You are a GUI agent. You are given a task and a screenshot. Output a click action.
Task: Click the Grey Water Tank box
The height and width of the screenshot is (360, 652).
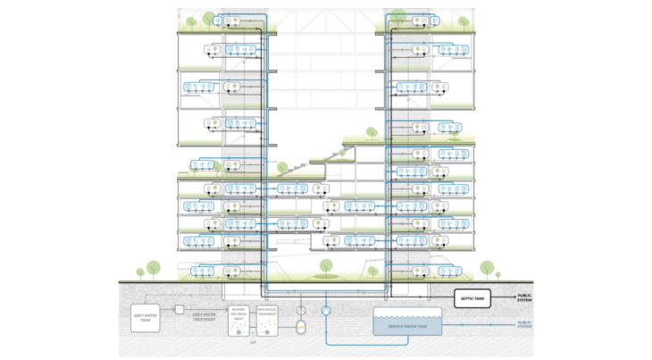click(x=146, y=314)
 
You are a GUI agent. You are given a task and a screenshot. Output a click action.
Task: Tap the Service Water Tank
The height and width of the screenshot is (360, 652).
click(x=406, y=325)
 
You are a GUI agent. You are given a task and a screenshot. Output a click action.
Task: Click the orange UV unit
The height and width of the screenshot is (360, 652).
click(x=301, y=327)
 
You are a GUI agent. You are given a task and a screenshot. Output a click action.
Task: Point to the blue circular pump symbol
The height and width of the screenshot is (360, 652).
click(x=326, y=309)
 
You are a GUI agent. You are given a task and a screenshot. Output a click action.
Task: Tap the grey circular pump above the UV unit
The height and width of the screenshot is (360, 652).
click(x=301, y=309)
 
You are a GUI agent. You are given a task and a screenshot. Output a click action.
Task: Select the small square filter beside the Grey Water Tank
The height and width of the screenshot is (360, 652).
click(x=179, y=309)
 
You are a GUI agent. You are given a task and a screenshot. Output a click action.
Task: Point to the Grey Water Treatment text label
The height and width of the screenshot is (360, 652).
click(x=204, y=315)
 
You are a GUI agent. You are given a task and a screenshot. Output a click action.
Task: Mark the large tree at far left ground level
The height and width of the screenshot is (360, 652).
click(x=154, y=266)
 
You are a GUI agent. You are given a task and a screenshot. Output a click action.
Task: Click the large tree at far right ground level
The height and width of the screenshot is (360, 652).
click(x=488, y=266)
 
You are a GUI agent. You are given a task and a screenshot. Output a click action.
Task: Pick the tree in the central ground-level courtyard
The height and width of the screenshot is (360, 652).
click(x=326, y=264)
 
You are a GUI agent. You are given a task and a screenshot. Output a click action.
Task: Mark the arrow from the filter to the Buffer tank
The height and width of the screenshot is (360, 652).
click(x=205, y=309)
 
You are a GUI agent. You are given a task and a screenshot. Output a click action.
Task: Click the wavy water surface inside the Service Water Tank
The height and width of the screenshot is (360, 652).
click(x=406, y=312)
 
